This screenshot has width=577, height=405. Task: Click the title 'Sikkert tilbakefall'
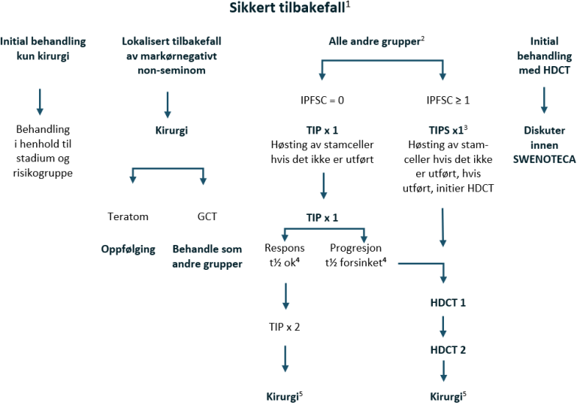click(284, 10)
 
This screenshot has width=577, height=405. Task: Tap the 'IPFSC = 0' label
click(322, 99)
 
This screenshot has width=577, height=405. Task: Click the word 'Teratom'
click(128, 216)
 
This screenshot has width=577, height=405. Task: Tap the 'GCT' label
click(206, 216)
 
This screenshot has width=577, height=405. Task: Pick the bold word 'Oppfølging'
click(128, 249)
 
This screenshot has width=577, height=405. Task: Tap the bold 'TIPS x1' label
click(440, 128)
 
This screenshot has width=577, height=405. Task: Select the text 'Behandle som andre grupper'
click(207, 256)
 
